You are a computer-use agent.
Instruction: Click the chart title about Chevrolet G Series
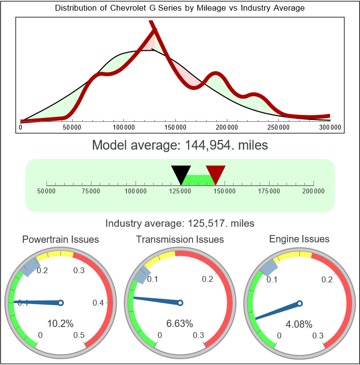(180, 8)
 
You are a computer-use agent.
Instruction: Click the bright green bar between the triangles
(198, 179)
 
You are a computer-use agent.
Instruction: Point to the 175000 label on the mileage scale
(269, 191)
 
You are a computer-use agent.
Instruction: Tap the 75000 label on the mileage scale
(91, 191)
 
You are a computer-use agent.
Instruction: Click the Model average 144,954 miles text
(180, 145)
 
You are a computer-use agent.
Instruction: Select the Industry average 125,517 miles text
(180, 223)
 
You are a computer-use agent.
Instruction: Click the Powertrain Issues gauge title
(60, 239)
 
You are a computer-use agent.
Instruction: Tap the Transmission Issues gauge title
(180, 239)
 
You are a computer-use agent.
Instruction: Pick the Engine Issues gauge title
(299, 239)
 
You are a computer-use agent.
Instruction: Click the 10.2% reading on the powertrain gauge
(60, 323)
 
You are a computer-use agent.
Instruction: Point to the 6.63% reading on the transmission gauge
(180, 323)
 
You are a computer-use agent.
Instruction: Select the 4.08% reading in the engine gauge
(299, 323)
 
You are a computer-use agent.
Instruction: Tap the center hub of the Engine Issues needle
(300, 303)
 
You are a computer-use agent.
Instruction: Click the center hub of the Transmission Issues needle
(180, 303)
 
